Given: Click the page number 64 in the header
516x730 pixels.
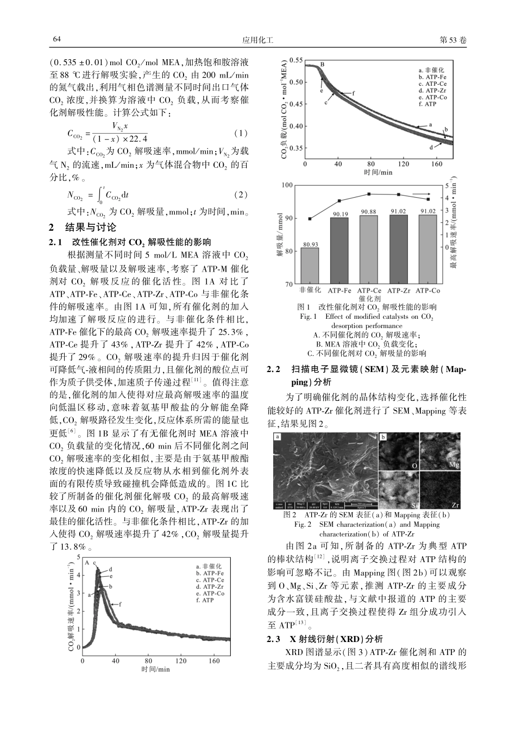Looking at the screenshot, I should (x=56, y=40).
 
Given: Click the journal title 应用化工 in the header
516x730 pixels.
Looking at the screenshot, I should (x=257, y=40).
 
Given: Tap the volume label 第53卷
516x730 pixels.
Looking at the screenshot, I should (x=452, y=40).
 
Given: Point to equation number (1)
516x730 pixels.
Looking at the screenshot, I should (x=240, y=133).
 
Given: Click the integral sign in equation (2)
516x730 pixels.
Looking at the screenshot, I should (x=100, y=194).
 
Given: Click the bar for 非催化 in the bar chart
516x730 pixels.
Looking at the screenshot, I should (x=310, y=266).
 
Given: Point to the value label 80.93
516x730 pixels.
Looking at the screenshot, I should (x=310, y=244).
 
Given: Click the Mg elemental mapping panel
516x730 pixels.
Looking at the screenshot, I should (x=441, y=452).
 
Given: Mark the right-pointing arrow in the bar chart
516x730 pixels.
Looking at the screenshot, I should (x=420, y=193).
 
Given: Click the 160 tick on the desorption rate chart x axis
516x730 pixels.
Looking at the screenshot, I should (x=215, y=661).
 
